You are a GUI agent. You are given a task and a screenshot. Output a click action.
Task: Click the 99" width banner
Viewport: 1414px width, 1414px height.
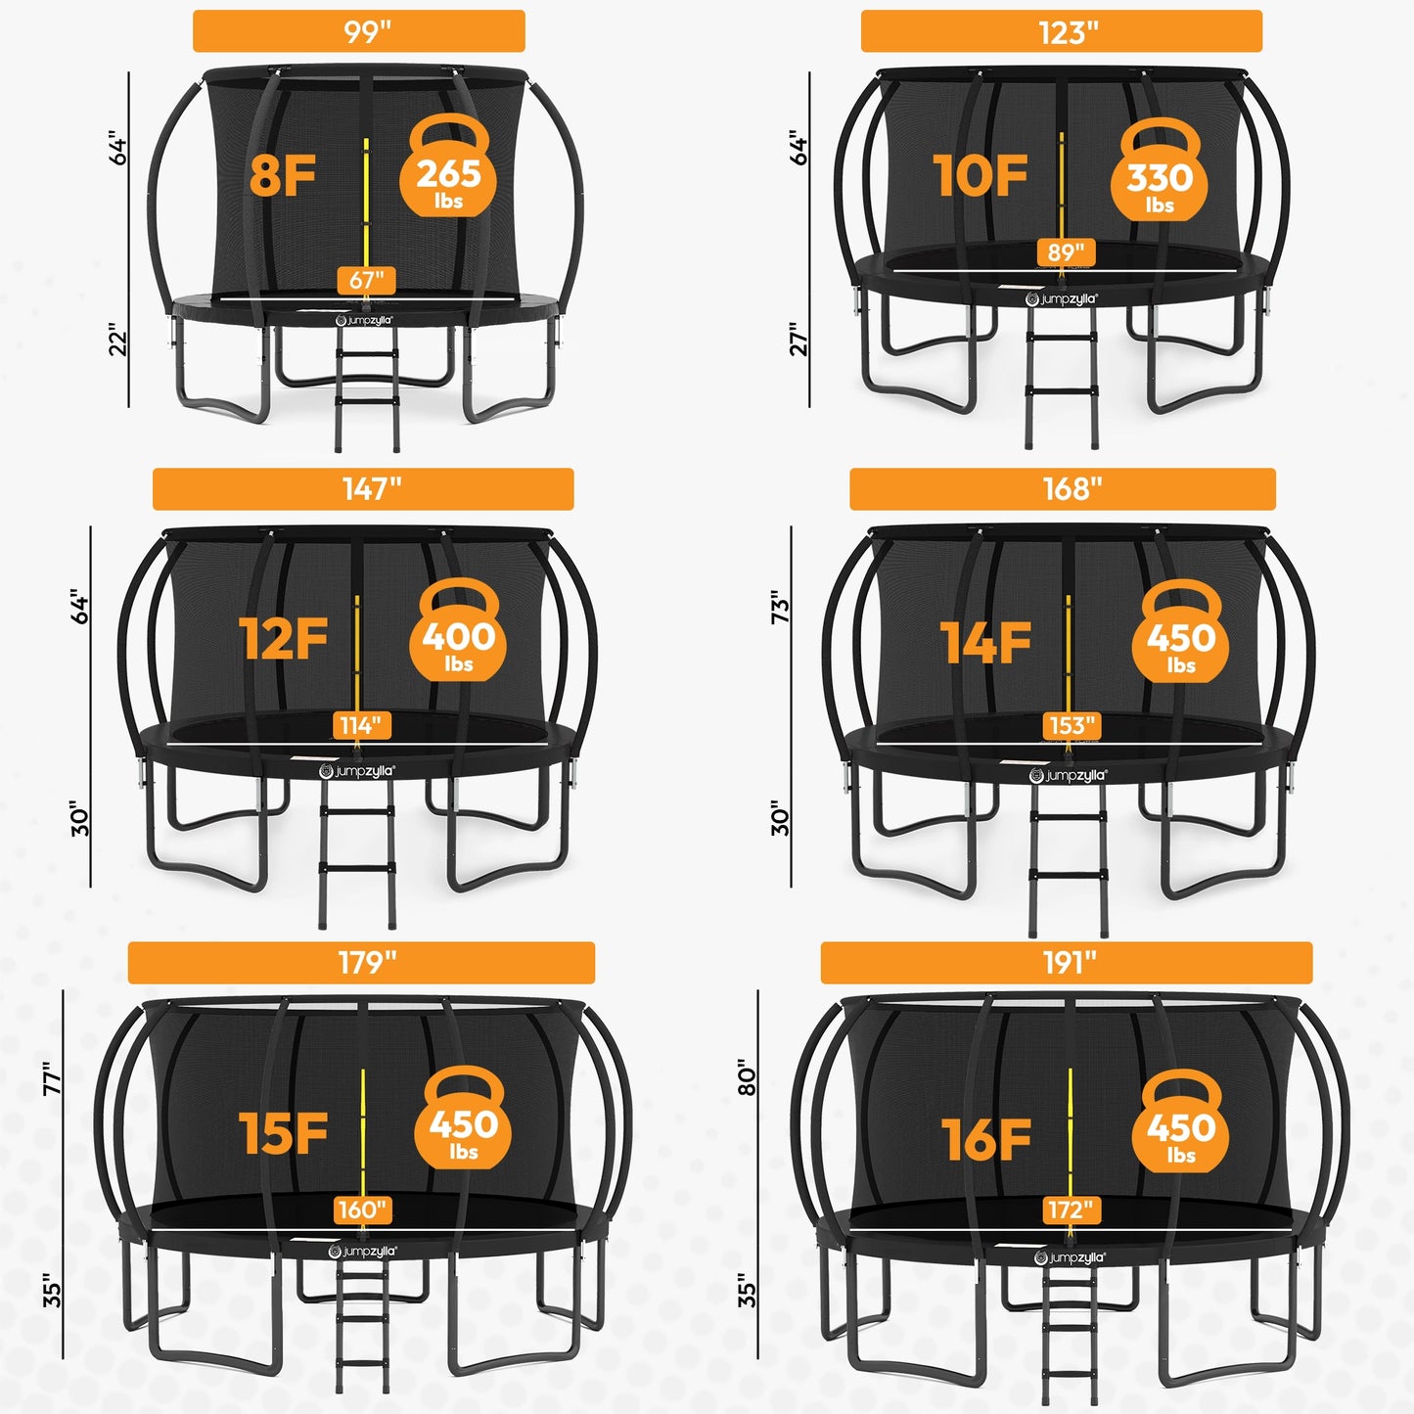click(359, 31)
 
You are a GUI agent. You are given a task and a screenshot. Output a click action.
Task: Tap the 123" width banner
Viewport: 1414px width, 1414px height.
click(1062, 31)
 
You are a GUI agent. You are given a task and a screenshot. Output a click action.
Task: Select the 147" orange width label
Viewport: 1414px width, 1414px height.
click(363, 488)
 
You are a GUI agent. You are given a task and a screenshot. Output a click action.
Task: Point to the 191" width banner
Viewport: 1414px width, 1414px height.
click(1067, 963)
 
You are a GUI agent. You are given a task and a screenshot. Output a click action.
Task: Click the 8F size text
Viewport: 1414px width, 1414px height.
click(283, 176)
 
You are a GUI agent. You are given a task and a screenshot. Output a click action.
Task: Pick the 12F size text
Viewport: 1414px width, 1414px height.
click(284, 639)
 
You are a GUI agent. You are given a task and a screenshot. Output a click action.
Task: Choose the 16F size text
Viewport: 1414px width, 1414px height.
click(986, 1140)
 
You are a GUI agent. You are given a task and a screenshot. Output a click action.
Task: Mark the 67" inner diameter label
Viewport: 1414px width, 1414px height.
click(367, 280)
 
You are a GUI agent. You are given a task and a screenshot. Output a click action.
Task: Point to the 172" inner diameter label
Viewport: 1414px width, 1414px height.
click(1070, 1210)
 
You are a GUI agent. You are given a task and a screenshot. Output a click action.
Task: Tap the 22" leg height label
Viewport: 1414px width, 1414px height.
click(118, 340)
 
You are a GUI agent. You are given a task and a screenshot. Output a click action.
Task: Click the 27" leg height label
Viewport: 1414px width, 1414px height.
click(799, 340)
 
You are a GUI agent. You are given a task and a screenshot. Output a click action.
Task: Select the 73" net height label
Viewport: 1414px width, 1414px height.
click(780, 607)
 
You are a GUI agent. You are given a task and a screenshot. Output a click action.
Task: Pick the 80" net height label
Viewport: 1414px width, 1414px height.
click(748, 1076)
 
